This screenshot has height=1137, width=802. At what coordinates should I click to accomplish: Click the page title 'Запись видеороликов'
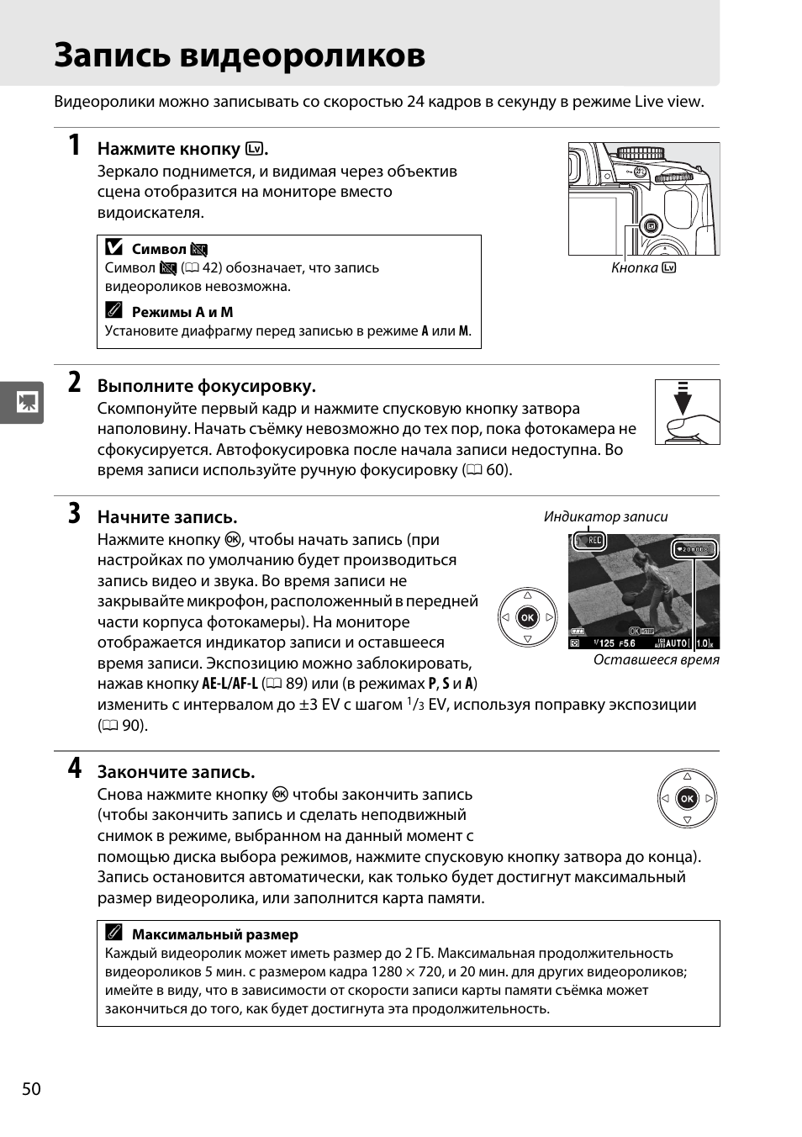click(240, 56)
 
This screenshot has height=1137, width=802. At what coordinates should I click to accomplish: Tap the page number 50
click(31, 1089)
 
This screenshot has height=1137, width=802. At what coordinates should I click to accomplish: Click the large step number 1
click(75, 145)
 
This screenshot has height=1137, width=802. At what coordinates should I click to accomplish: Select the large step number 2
click(75, 383)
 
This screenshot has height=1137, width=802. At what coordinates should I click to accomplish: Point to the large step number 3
click(75, 513)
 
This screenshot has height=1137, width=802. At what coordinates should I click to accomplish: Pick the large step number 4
click(75, 768)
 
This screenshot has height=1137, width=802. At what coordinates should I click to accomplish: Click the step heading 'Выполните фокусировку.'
click(206, 386)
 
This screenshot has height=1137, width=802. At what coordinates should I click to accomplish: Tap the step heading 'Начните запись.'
click(167, 516)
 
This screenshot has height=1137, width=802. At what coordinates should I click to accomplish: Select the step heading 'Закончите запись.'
click(176, 772)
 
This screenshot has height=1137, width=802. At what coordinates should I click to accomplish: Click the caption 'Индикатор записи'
click(605, 516)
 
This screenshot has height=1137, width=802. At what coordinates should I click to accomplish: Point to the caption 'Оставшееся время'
click(656, 659)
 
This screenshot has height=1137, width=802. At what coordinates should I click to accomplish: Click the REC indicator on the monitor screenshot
click(589, 541)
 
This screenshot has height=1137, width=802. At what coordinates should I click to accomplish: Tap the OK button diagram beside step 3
click(527, 617)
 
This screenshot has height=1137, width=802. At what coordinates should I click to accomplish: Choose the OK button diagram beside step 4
click(687, 798)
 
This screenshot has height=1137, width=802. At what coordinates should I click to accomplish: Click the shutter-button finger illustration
click(687, 411)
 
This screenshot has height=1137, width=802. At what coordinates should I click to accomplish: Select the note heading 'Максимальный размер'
click(214, 934)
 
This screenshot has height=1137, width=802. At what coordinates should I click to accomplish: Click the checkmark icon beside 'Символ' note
click(114, 248)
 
